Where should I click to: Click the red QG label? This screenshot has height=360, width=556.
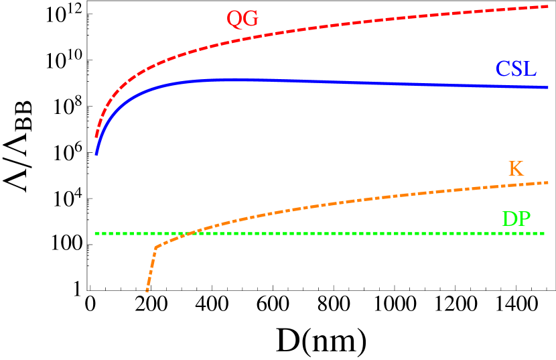point(242,19)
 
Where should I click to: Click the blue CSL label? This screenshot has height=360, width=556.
point(516,68)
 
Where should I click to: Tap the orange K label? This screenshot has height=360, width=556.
point(516,168)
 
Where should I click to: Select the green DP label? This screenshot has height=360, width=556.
point(516,219)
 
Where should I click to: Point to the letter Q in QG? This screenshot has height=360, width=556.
point(234,19)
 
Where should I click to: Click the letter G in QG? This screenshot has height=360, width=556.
point(251,19)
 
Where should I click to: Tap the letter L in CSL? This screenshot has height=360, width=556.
point(530,68)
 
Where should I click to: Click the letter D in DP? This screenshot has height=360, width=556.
point(510,219)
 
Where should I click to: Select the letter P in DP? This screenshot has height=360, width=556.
point(525,219)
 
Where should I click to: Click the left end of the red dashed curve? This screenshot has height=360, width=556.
point(96,136)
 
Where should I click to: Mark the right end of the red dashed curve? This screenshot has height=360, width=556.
point(548,6)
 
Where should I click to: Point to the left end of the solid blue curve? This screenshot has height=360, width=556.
point(96,154)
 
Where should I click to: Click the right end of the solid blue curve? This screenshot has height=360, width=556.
point(548,88)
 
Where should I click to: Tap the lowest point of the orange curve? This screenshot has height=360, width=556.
point(147,292)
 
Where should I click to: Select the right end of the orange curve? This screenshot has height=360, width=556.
point(548,182)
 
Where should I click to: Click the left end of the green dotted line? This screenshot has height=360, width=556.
point(96,233)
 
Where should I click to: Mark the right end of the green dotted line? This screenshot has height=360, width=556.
point(545,233)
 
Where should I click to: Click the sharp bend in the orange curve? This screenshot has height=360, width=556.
point(156,247)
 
